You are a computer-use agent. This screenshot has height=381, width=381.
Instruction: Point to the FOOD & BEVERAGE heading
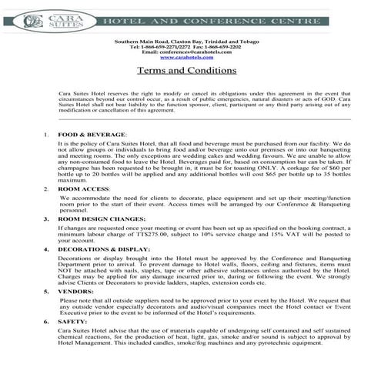(x=87, y=135)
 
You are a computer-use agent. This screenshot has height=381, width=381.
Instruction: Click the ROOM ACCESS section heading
(x=84, y=189)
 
